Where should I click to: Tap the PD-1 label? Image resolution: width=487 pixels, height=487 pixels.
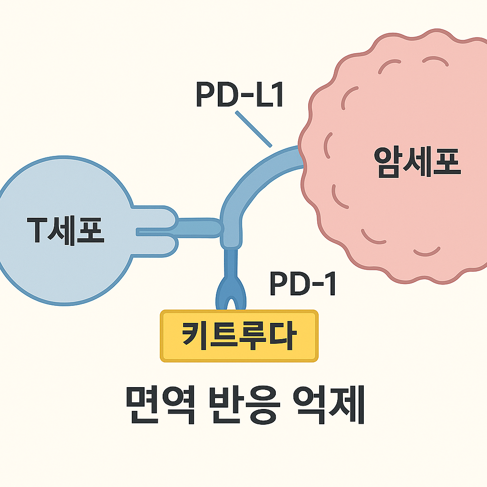point(303,284)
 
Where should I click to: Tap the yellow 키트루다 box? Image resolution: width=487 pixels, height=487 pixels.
point(239,336)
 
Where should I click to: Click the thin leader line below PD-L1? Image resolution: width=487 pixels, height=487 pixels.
point(253,128)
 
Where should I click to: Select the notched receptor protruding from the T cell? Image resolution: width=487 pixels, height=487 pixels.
point(157,231)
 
